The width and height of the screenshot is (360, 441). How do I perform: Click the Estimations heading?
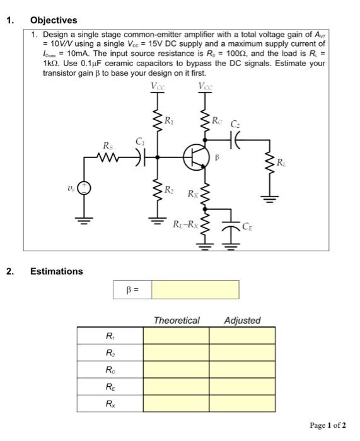(56, 272)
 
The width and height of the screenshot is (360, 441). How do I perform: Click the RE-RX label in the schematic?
(186, 223)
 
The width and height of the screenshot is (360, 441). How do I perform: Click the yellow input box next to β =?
(195, 290)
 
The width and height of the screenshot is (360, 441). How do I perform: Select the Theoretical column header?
(177, 320)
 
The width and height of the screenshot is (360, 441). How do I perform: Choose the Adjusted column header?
(242, 320)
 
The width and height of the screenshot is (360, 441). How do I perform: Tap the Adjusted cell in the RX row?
(242, 401)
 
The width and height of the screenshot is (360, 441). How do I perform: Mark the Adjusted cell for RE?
(242, 385)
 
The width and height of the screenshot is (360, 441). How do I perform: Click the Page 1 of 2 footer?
(328, 425)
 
